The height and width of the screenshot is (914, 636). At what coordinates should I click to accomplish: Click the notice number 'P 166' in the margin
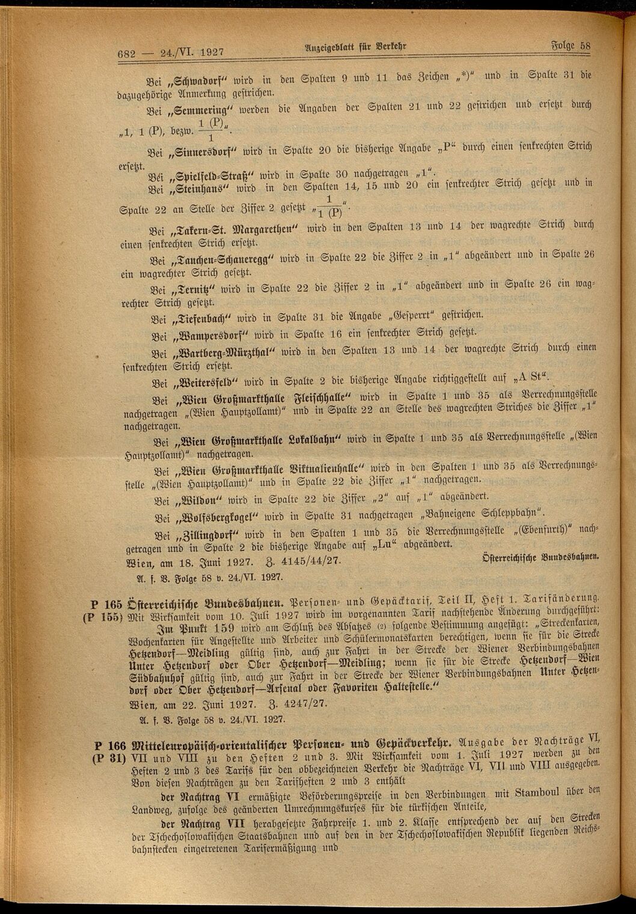click(x=109, y=745)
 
